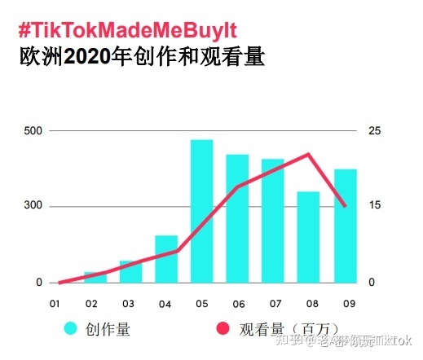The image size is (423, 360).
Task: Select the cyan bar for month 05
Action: point(201,211)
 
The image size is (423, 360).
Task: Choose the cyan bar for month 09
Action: point(345,226)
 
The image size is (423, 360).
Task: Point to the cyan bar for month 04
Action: point(166,259)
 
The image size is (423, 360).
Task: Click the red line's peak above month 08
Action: point(309,154)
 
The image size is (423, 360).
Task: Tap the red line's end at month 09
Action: point(345,206)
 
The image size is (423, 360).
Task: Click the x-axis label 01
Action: point(55,304)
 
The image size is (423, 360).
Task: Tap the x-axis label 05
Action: point(202,304)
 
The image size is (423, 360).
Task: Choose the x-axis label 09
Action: point(348,304)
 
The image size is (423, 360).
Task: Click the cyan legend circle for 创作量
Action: point(72,329)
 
